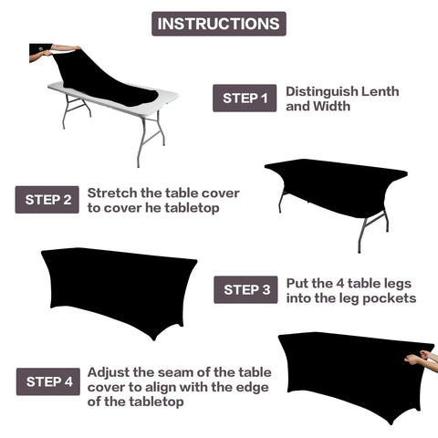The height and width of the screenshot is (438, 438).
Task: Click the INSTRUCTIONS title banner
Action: pyautogui.click(x=218, y=24)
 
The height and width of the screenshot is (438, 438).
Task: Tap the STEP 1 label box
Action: pyautogui.click(x=245, y=99)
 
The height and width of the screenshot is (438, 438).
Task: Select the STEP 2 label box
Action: pyautogui.click(x=47, y=200)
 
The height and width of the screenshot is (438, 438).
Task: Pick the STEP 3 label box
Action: pyautogui.click(x=245, y=290)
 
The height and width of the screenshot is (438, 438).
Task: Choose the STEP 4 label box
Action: pyautogui.click(x=47, y=381)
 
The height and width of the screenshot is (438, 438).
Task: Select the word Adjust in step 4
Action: pyautogui.click(x=109, y=372)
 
